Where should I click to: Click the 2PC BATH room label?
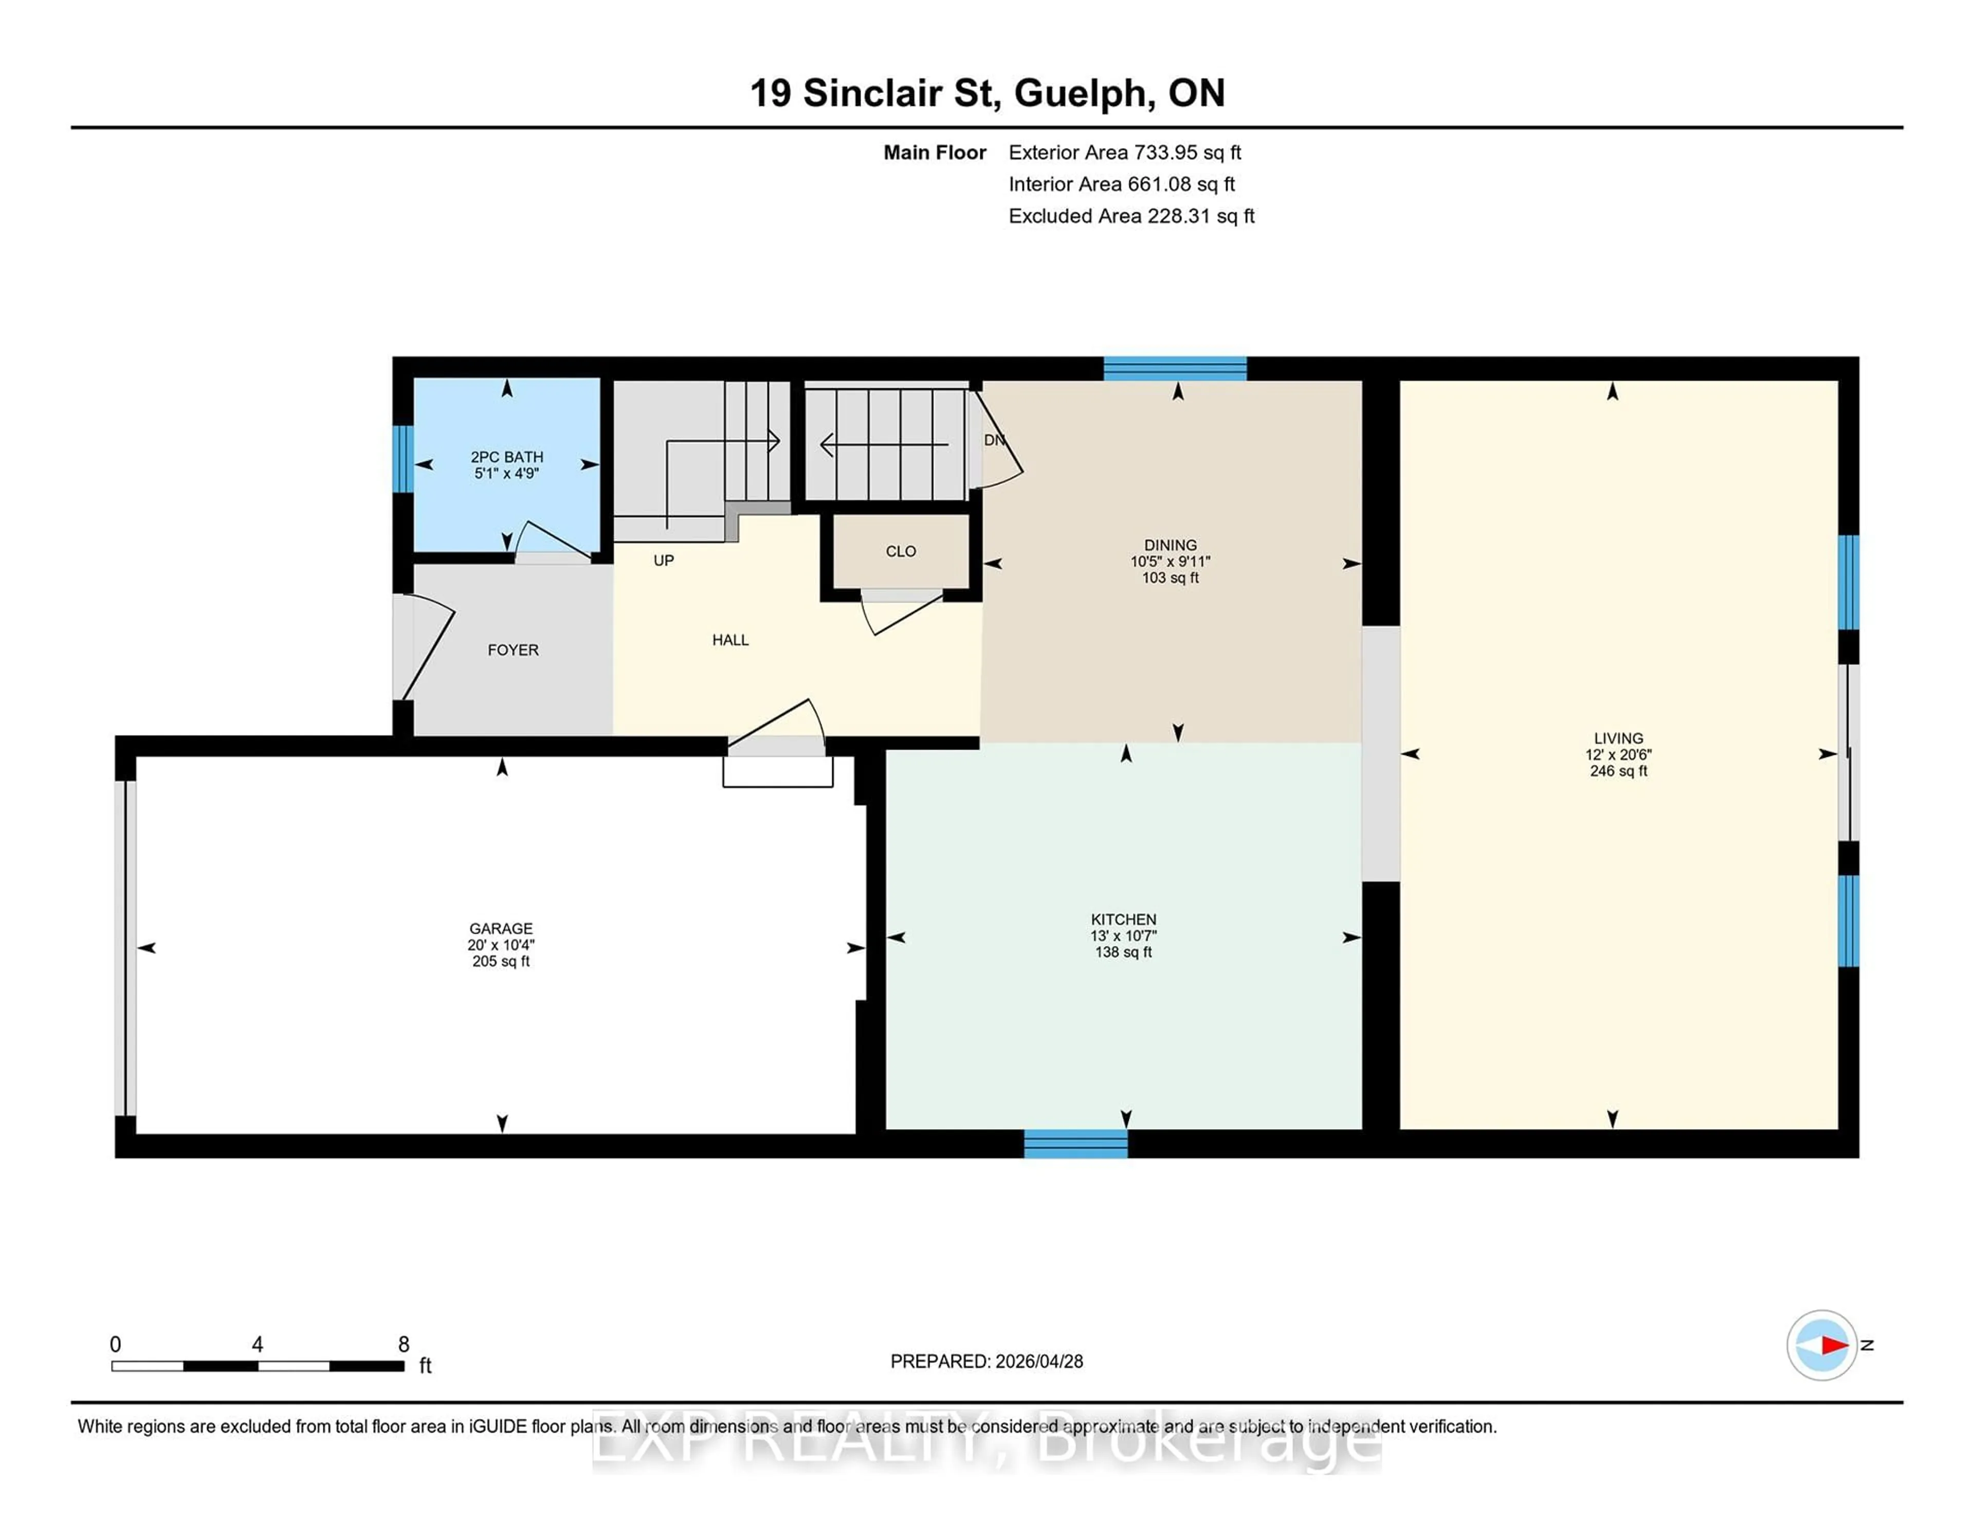point(506,457)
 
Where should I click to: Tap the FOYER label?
point(513,650)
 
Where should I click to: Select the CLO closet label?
point(900,552)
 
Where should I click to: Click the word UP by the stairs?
point(664,560)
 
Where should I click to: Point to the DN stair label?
point(993,440)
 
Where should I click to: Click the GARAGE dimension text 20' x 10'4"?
point(501,944)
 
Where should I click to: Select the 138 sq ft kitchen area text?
point(1123,952)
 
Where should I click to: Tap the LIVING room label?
point(1618,739)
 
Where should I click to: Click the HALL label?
point(730,640)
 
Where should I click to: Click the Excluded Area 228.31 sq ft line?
point(1131,216)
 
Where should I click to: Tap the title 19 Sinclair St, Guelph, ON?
point(987,93)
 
